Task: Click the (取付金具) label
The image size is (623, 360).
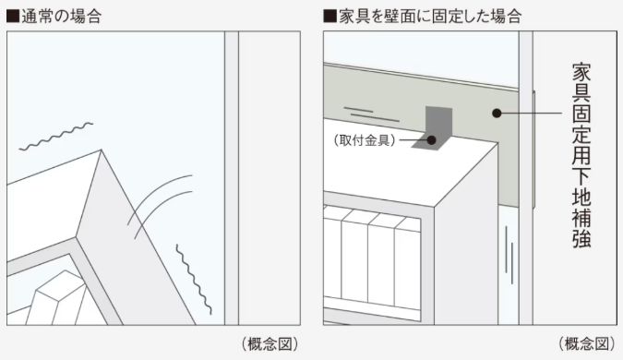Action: pyautogui.click(x=364, y=139)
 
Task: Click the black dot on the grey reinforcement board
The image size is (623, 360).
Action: pyautogui.click(x=496, y=114)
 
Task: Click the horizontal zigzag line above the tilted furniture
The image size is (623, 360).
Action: pyautogui.click(x=56, y=135)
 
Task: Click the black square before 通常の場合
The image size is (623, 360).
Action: pyautogui.click(x=13, y=16)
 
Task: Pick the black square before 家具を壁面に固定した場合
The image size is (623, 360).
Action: pyautogui.click(x=329, y=16)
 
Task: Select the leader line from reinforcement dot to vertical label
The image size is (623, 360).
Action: pyautogui.click(x=531, y=114)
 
